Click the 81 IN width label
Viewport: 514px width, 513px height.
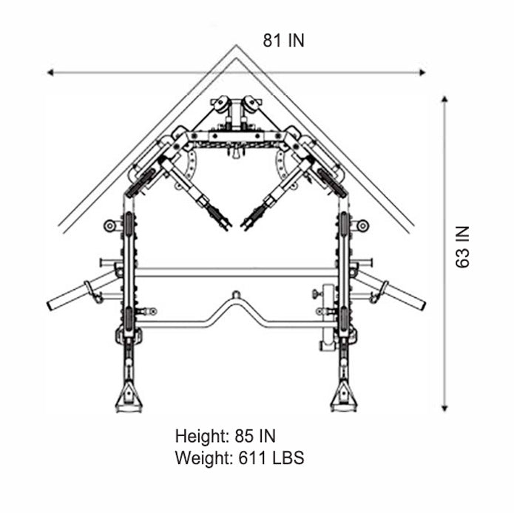(284, 41)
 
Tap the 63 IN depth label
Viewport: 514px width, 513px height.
(462, 247)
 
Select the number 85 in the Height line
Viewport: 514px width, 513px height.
(244, 436)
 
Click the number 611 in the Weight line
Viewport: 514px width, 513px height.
(252, 458)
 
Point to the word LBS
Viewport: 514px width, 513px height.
(288, 458)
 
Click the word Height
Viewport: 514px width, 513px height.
(202, 436)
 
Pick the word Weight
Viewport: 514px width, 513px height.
(204, 458)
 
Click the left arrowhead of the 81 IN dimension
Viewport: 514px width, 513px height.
(50, 72)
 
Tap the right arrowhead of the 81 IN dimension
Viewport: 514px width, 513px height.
(422, 72)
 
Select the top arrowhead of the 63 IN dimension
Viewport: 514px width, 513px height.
(444, 99)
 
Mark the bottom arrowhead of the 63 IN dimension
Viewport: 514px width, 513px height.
(444, 408)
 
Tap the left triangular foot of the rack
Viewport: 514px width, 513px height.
(129, 398)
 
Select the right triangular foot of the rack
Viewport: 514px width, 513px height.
(344, 398)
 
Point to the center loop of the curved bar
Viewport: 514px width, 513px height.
(236, 294)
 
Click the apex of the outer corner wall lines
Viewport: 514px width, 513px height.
(237, 45)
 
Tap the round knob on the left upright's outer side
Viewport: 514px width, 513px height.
(109, 225)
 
